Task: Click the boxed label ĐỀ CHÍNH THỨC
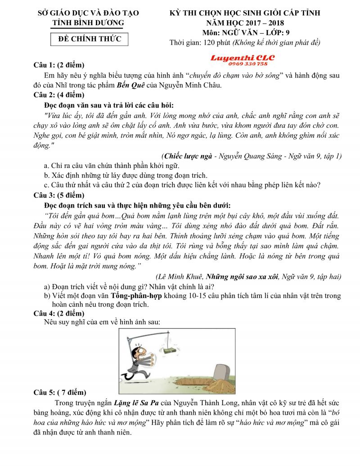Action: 90,39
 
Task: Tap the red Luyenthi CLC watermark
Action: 243,58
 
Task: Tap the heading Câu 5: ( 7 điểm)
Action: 60,392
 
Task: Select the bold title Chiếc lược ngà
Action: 187,156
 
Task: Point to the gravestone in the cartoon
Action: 222,372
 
